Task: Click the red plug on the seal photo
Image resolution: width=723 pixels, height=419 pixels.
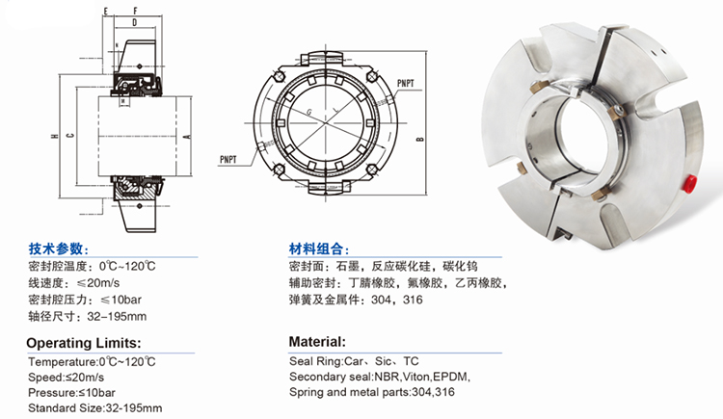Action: coord(691,182)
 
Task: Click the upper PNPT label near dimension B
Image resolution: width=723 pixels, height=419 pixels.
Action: coord(405,84)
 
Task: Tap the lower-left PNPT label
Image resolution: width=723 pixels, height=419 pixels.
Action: coord(228,160)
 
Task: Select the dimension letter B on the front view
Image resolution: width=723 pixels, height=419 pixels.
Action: coord(419,139)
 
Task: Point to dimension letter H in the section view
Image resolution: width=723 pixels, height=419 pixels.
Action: coord(54,136)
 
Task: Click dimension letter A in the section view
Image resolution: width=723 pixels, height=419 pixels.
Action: coord(187,137)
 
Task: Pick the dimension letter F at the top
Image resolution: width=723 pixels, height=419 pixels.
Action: coord(135,11)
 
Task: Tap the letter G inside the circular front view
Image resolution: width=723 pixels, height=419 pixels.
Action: coord(308,112)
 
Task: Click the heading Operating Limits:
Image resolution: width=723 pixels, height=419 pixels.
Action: coord(84,343)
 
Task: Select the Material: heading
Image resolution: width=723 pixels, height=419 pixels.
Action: coord(317,342)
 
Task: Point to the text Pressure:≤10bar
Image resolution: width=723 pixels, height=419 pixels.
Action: coord(71,393)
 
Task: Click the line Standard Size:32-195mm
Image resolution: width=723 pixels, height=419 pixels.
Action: coord(95,408)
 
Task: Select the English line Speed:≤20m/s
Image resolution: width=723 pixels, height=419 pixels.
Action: coord(66,377)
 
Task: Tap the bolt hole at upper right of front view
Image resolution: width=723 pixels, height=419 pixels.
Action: coord(372,76)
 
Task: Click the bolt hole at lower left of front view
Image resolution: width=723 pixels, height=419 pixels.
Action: coord(279,170)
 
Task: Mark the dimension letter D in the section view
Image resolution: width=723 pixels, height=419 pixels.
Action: coord(135,22)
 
